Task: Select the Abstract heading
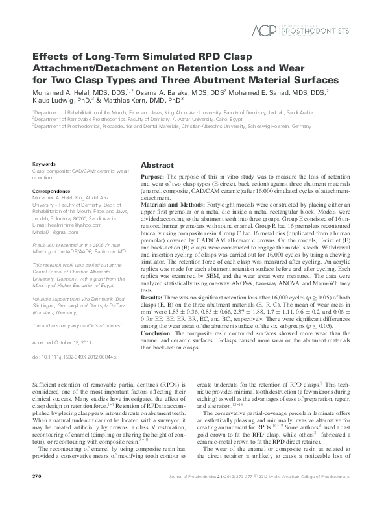(156, 166)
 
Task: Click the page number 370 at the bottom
(37, 496)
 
